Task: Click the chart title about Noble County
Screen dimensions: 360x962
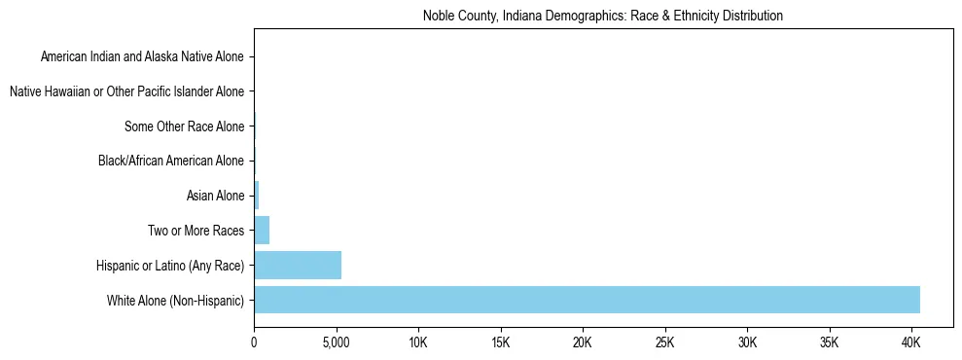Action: pos(603,16)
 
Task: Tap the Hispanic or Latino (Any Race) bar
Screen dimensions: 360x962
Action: pos(298,265)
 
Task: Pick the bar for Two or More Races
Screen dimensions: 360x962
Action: pos(262,231)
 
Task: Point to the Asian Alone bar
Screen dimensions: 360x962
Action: pos(257,196)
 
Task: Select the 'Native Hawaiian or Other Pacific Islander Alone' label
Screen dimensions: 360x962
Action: pos(126,92)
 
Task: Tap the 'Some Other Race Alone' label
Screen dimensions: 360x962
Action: pos(185,126)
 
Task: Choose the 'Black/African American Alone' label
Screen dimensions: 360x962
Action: pos(171,162)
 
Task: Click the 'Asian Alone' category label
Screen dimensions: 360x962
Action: pos(215,196)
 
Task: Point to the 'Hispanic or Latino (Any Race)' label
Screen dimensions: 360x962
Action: pos(170,265)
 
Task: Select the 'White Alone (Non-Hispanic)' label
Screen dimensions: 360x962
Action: pos(176,300)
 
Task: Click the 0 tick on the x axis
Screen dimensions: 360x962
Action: pos(254,342)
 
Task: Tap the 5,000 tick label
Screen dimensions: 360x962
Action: pos(336,342)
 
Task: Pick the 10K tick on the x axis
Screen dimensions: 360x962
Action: pos(418,342)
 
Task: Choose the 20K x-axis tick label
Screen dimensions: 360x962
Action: pos(583,342)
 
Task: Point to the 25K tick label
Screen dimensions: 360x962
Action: pos(665,342)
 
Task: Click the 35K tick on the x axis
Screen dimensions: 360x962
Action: pos(830,342)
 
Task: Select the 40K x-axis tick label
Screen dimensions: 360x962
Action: pos(911,342)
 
